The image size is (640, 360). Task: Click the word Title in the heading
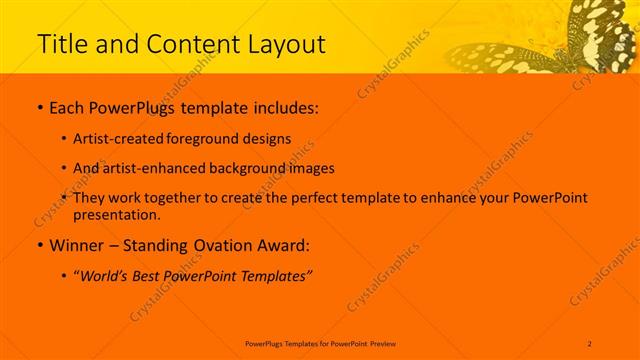click(x=62, y=44)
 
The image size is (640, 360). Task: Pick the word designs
click(x=265, y=139)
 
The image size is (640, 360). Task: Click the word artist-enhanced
click(x=153, y=168)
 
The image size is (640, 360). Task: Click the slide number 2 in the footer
click(x=590, y=343)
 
